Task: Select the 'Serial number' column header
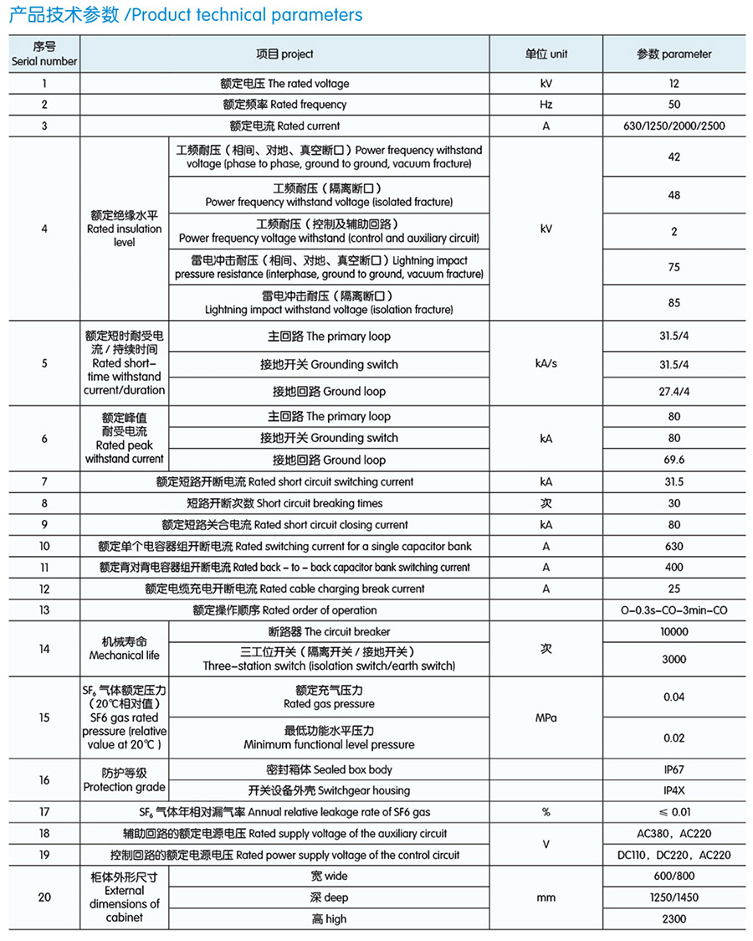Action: [x=44, y=54]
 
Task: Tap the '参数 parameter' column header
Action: [x=674, y=54]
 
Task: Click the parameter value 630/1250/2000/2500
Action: [x=674, y=126]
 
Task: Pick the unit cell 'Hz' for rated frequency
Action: [x=546, y=105]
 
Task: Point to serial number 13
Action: [x=44, y=610]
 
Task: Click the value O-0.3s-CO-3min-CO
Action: [x=674, y=610]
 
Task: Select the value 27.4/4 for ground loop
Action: [x=674, y=392]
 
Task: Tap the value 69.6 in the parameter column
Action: [x=674, y=460]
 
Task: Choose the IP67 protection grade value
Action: [x=674, y=769]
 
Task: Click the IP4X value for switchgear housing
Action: [x=674, y=790]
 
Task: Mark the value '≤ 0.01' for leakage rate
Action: [x=674, y=812]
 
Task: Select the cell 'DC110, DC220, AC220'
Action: [x=674, y=856]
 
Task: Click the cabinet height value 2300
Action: [x=674, y=919]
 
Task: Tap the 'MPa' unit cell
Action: [x=546, y=718]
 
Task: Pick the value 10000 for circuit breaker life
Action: [x=674, y=632]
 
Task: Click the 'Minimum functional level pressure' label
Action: [x=329, y=744]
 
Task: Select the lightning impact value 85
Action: [x=674, y=303]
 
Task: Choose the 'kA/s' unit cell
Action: [x=546, y=364]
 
